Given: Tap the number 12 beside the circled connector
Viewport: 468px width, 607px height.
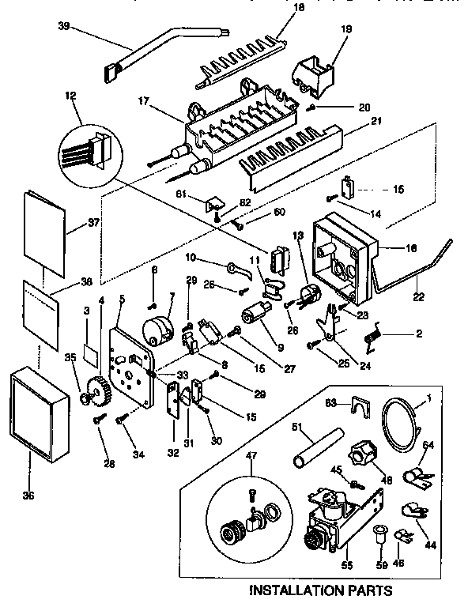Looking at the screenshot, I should pyautogui.click(x=73, y=96).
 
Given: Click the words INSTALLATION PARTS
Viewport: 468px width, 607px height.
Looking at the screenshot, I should pyautogui.click(x=320, y=590).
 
